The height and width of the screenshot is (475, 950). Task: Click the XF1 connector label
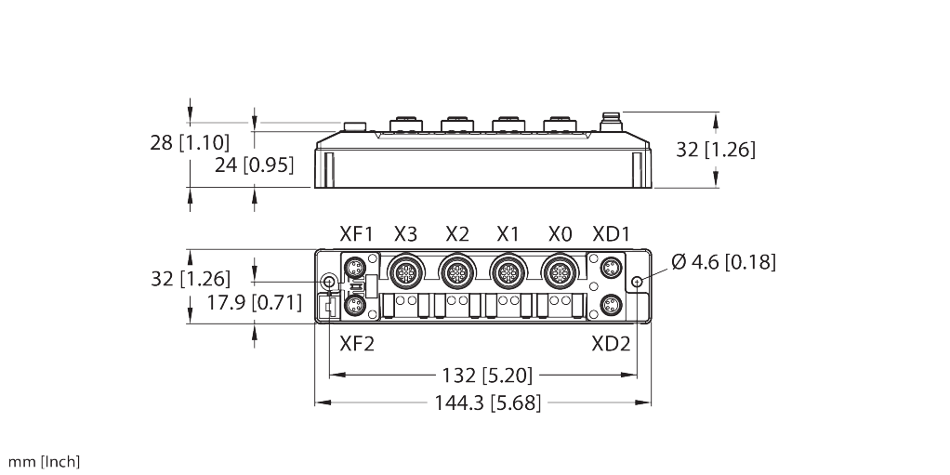(x=356, y=234)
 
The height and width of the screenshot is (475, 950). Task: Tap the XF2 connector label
(x=357, y=344)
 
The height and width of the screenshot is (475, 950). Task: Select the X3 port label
(x=405, y=234)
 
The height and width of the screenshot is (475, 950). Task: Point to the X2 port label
(x=456, y=234)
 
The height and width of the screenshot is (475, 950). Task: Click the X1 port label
(x=508, y=234)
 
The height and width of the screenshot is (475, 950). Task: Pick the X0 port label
(x=560, y=234)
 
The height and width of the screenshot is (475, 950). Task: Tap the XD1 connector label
(x=611, y=234)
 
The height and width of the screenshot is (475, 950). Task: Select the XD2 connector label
(x=612, y=344)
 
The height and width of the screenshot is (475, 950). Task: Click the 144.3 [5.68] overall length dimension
(x=487, y=402)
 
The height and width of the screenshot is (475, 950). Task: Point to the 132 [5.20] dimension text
(x=487, y=376)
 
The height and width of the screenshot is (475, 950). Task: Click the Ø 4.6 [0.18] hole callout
(x=723, y=262)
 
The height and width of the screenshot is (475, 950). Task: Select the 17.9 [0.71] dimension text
(x=255, y=302)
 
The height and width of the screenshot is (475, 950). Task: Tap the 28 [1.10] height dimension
(x=191, y=143)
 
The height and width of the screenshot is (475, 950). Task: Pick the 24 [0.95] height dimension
(x=255, y=165)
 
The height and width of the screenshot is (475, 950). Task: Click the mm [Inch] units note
(x=44, y=462)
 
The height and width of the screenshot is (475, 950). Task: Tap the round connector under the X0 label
(x=558, y=273)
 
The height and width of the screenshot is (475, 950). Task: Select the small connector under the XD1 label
(x=611, y=267)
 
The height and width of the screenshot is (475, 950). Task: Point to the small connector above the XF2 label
(x=354, y=305)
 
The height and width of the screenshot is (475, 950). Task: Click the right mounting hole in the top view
(x=637, y=282)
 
